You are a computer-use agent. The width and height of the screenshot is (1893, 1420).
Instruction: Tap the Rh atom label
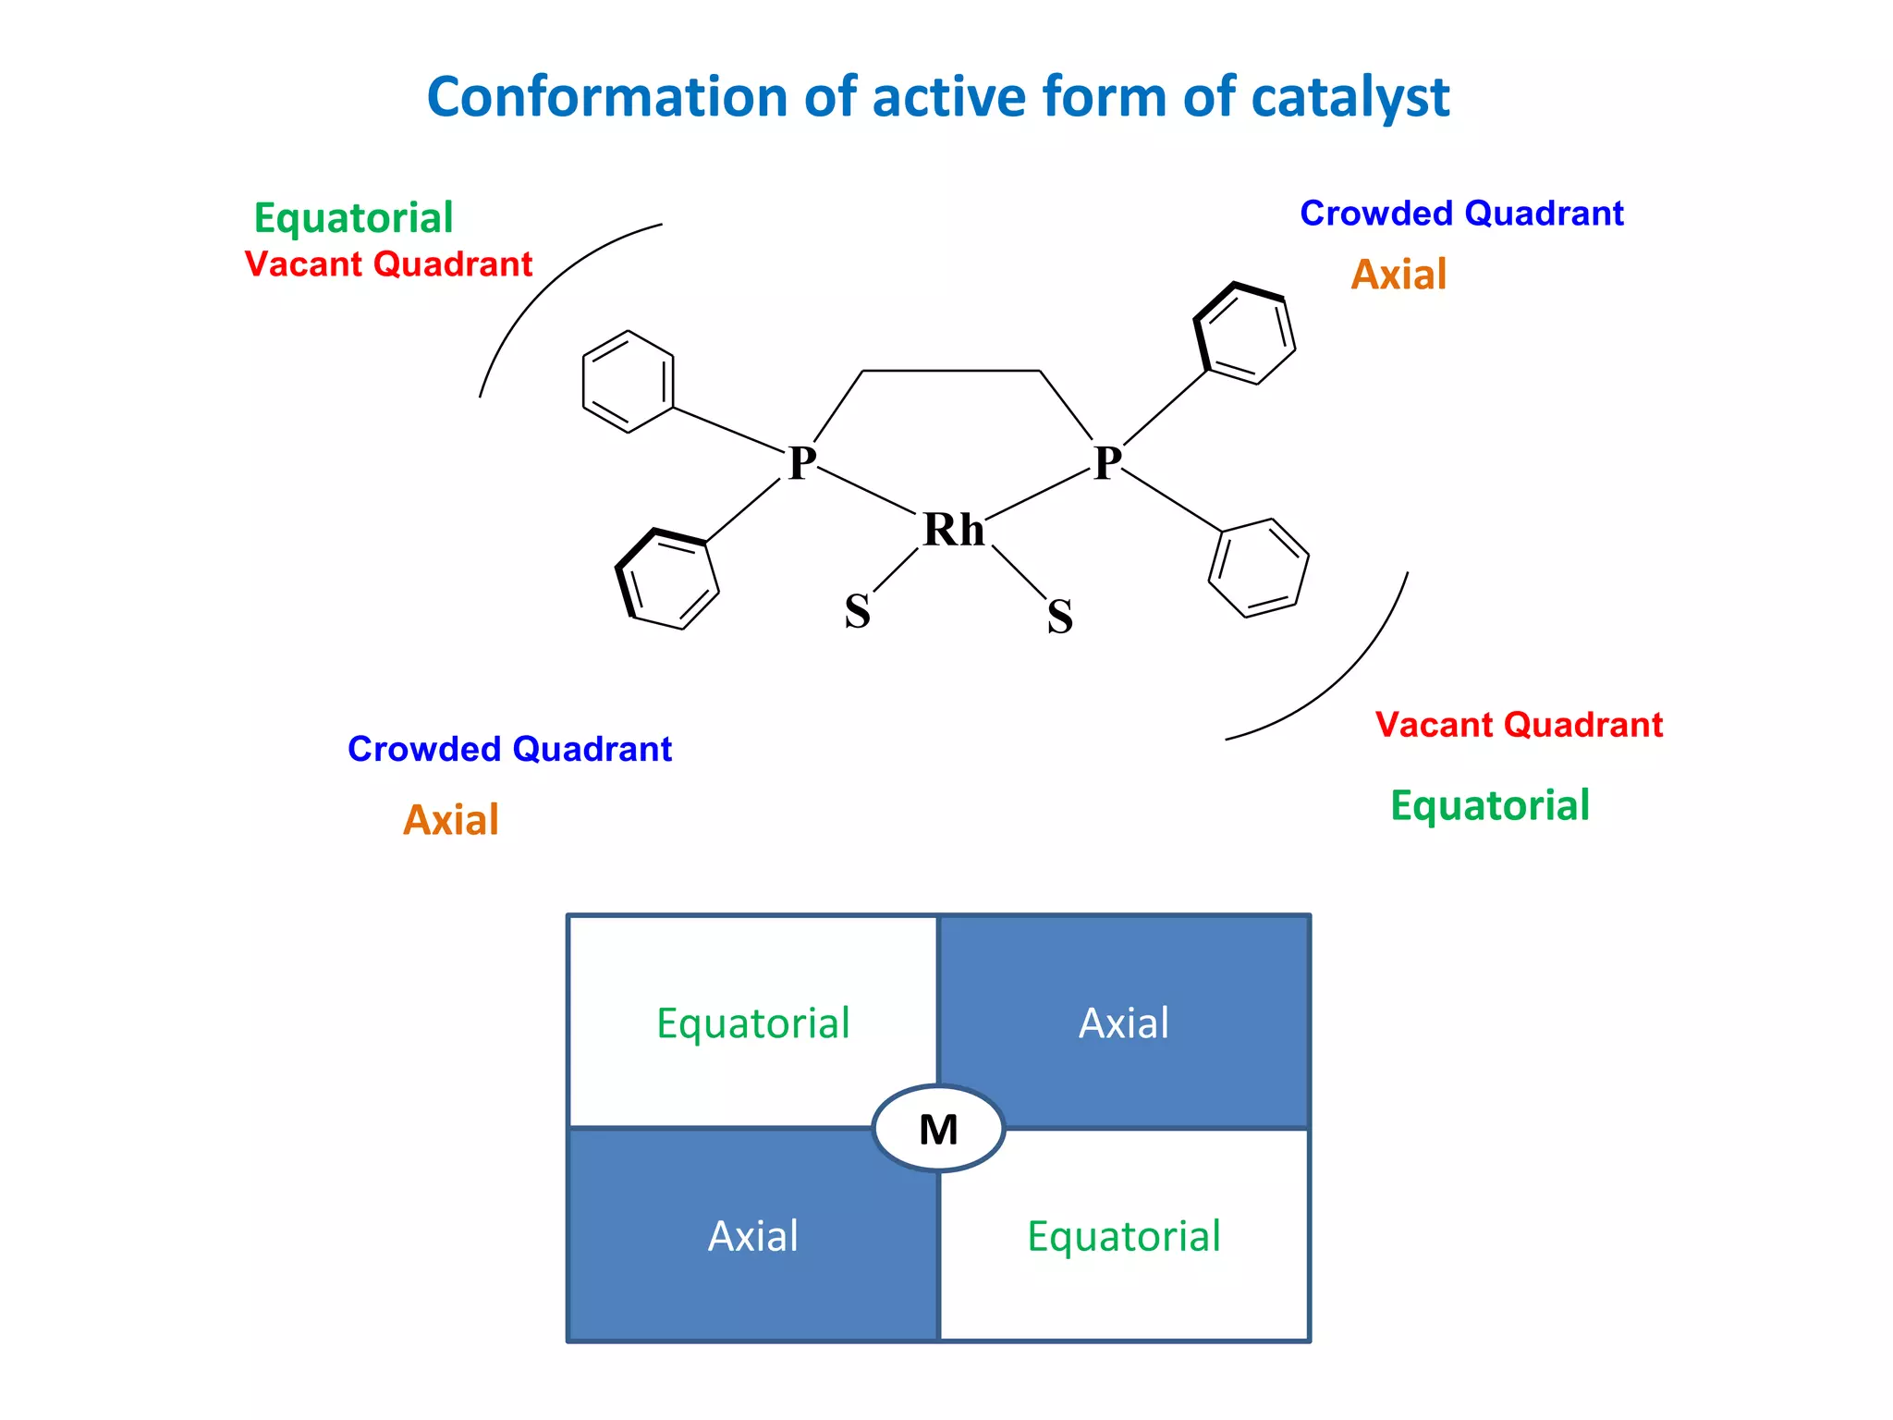[954, 531]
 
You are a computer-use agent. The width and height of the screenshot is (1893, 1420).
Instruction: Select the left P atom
[801, 463]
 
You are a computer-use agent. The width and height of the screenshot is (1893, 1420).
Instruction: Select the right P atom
[1107, 463]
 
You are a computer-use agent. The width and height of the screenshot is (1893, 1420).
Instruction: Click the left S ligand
[857, 612]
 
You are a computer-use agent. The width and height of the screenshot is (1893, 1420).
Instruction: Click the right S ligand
[1060, 617]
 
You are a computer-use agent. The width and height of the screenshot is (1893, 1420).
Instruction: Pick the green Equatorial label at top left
[353, 219]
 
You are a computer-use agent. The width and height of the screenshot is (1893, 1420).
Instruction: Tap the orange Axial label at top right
[1398, 275]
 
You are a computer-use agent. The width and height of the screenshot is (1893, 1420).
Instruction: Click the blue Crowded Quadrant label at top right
[1461, 214]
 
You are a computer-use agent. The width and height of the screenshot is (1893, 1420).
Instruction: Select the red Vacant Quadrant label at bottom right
[1519, 725]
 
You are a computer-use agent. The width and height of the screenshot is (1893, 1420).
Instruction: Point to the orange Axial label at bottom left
[451, 820]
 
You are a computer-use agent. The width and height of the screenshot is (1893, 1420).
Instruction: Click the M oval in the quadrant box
[938, 1129]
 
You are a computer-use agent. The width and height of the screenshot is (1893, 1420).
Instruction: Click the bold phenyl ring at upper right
[1244, 334]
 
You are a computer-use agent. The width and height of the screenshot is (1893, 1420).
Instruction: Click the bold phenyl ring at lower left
[667, 580]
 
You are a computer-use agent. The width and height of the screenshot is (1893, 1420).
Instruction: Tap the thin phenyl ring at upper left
[628, 382]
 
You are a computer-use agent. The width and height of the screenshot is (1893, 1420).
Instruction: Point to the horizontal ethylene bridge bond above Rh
[951, 371]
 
